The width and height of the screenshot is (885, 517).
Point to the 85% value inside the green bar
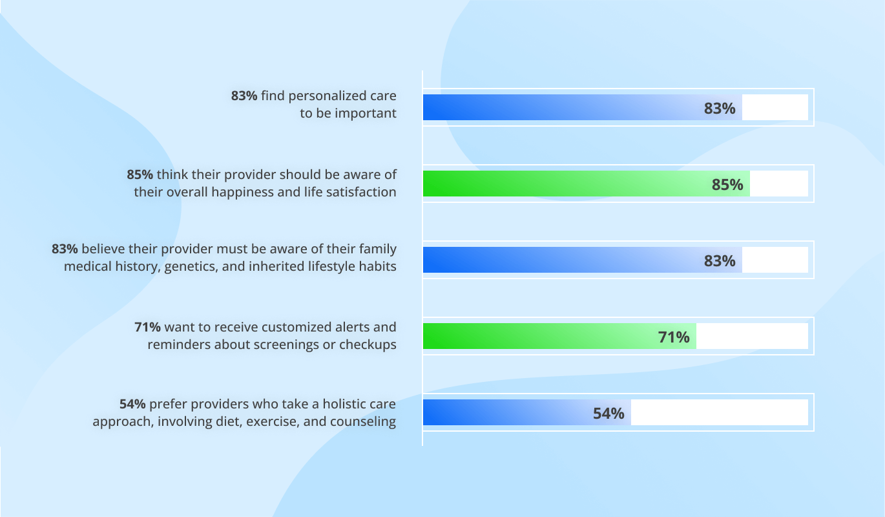pos(727,185)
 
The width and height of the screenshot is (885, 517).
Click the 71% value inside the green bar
pos(674,337)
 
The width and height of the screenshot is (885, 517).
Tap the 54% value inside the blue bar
pos(609,414)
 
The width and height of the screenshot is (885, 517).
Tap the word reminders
pos(179,344)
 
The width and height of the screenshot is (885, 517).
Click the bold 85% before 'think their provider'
pos(140,174)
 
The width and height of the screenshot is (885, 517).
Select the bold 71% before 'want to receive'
pos(147,327)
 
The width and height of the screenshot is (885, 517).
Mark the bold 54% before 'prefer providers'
pos(132,404)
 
